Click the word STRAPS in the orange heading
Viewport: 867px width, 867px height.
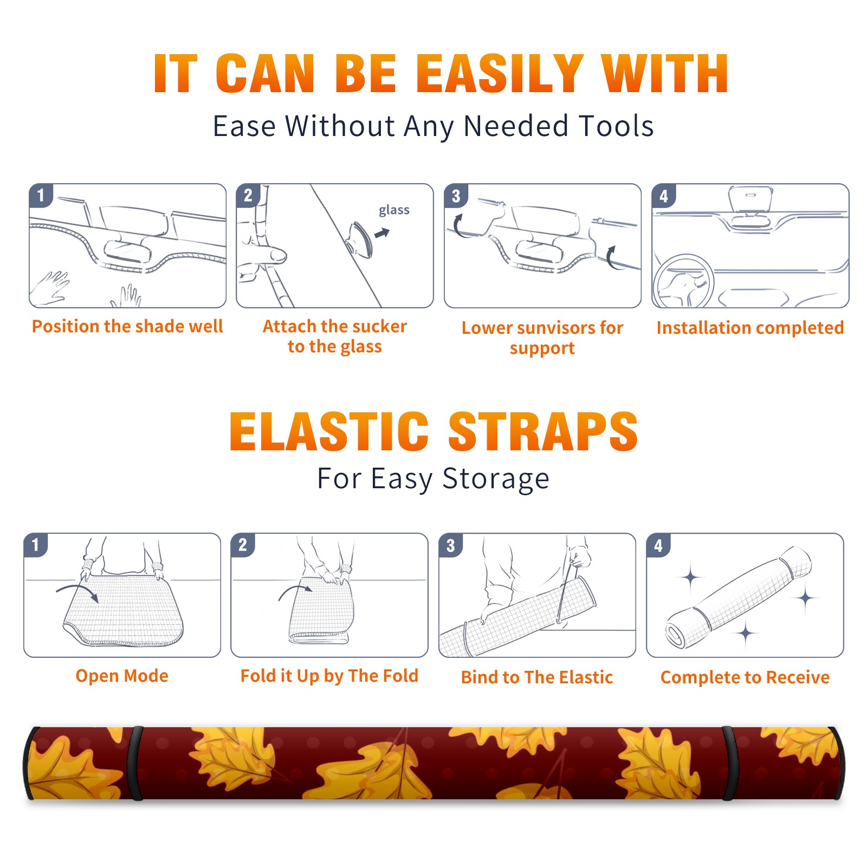coord(543,432)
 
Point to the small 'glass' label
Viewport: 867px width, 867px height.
coord(394,210)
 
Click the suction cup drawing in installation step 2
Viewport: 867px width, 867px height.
coord(360,239)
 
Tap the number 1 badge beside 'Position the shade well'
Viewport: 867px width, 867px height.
coord(41,195)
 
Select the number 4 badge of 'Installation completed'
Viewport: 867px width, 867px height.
coord(664,196)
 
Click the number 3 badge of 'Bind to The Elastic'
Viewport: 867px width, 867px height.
coord(451,545)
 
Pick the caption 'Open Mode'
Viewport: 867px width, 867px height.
coord(122,676)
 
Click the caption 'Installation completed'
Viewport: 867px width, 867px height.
coord(750,328)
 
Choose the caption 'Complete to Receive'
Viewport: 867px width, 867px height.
coord(745,677)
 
